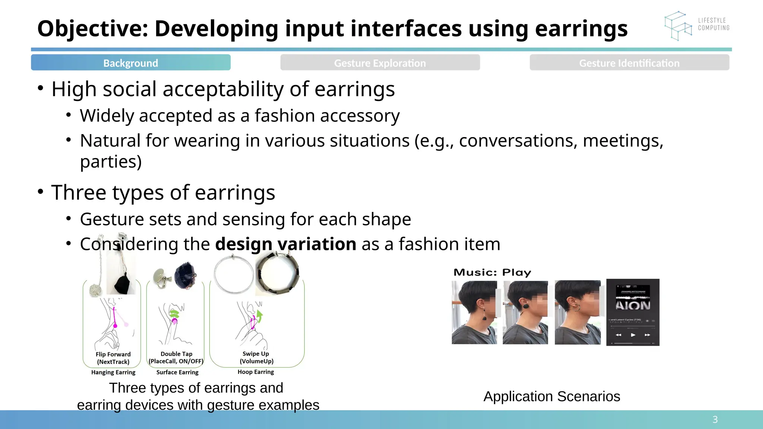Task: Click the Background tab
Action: [130, 63]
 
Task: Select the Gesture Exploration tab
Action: [380, 63]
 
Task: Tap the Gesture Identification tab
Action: [629, 63]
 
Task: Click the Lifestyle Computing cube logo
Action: [678, 25]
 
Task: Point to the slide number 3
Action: [715, 420]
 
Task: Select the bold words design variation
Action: [286, 244]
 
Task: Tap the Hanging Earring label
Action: [113, 372]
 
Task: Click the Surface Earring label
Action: [177, 372]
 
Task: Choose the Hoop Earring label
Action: [256, 372]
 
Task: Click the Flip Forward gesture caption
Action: [113, 358]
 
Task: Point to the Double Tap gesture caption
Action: [176, 357]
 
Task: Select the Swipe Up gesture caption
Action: [256, 357]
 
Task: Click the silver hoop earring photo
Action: [234, 274]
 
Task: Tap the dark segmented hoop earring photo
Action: [278, 273]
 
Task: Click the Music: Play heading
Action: [492, 273]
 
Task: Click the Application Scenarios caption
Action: [552, 397]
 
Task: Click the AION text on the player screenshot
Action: [633, 305]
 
